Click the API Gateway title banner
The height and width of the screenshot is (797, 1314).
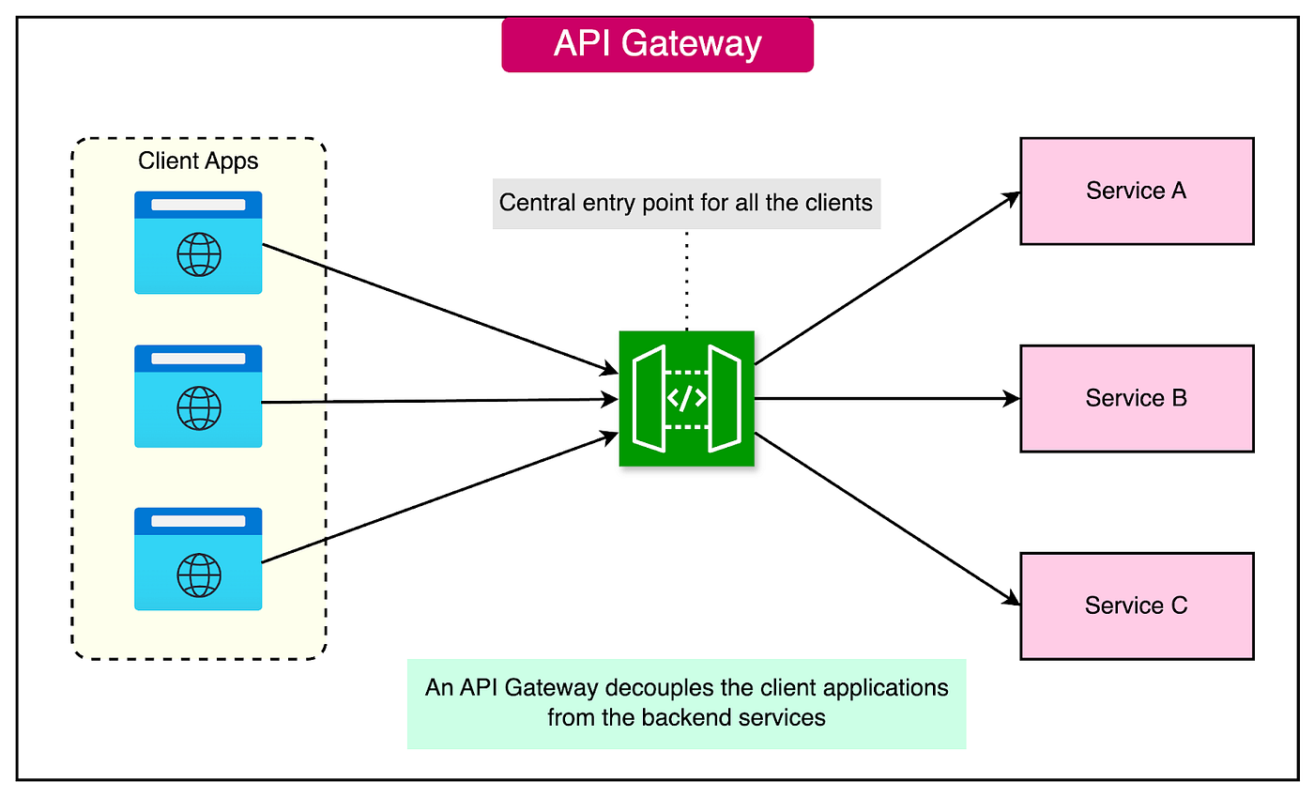(657, 45)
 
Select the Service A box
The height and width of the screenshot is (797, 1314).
(1137, 192)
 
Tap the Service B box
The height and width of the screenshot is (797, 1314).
(1137, 398)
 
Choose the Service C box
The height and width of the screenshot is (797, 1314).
(1137, 606)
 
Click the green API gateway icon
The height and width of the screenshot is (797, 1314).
(686, 398)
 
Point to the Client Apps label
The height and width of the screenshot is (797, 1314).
(198, 161)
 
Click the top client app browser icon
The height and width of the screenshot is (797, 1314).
(198, 242)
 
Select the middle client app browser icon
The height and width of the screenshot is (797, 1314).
(198, 396)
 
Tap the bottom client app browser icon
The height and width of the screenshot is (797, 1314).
(198, 559)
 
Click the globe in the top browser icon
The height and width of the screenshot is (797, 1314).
(199, 254)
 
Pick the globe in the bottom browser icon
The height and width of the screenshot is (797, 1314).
(199, 575)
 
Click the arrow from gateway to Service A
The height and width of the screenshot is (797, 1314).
(887, 278)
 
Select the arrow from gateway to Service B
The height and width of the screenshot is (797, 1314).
(887, 398)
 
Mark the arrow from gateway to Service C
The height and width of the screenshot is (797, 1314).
(887, 519)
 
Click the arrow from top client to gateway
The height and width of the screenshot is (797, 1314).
(440, 309)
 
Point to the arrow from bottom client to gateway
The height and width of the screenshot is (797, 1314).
(440, 498)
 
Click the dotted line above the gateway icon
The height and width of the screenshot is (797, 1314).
(686, 281)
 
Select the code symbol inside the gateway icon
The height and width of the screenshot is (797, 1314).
(686, 398)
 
